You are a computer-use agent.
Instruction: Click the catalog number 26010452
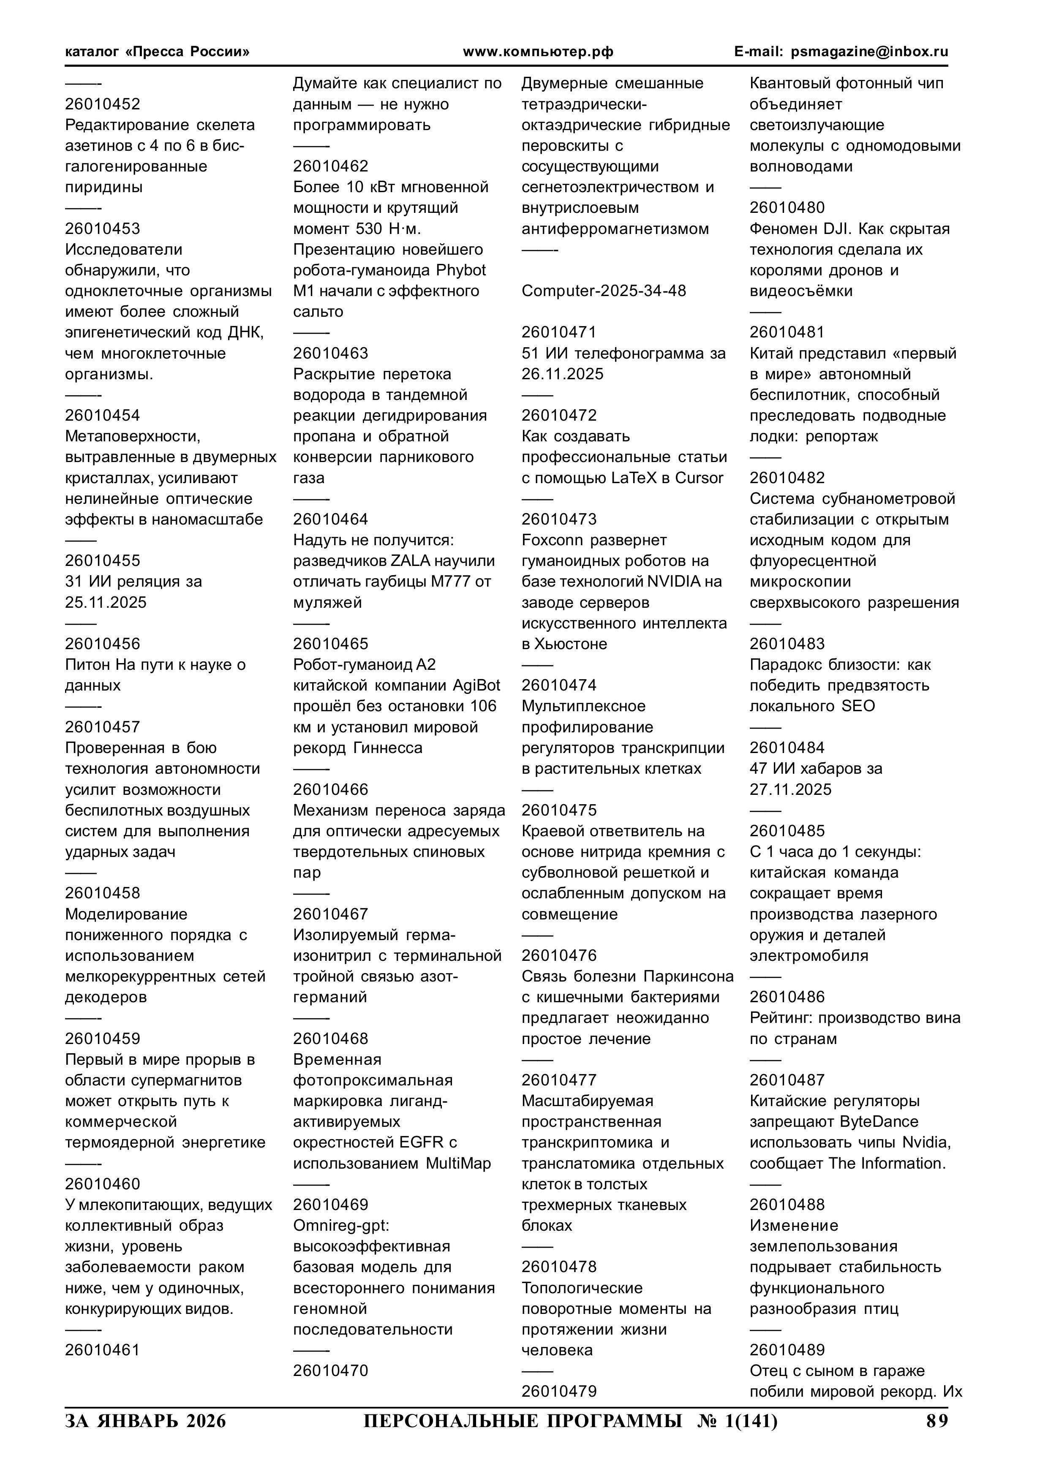(102, 104)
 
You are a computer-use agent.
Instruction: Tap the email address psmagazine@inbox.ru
(869, 52)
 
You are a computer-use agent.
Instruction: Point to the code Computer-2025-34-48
(604, 291)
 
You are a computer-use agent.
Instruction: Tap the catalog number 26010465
(331, 644)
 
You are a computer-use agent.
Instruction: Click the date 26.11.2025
(562, 374)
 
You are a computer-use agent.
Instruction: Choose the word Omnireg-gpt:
(341, 1225)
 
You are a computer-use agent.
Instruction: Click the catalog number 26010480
(787, 207)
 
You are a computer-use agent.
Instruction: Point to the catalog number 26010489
(787, 1350)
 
